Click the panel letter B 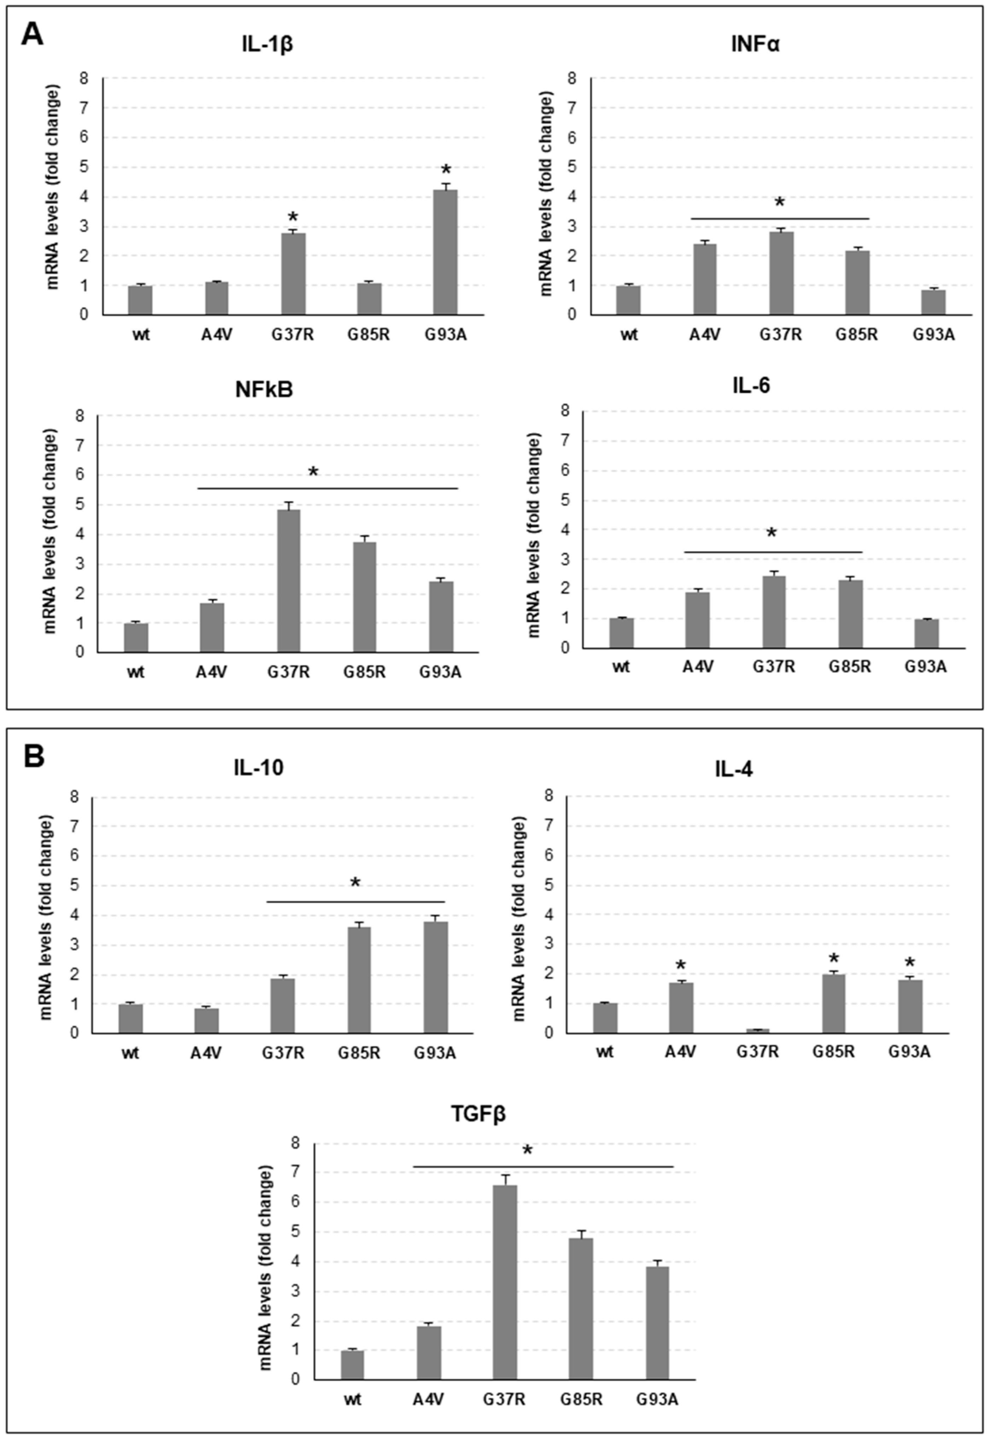[34, 756]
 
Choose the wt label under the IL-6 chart [621, 667]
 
